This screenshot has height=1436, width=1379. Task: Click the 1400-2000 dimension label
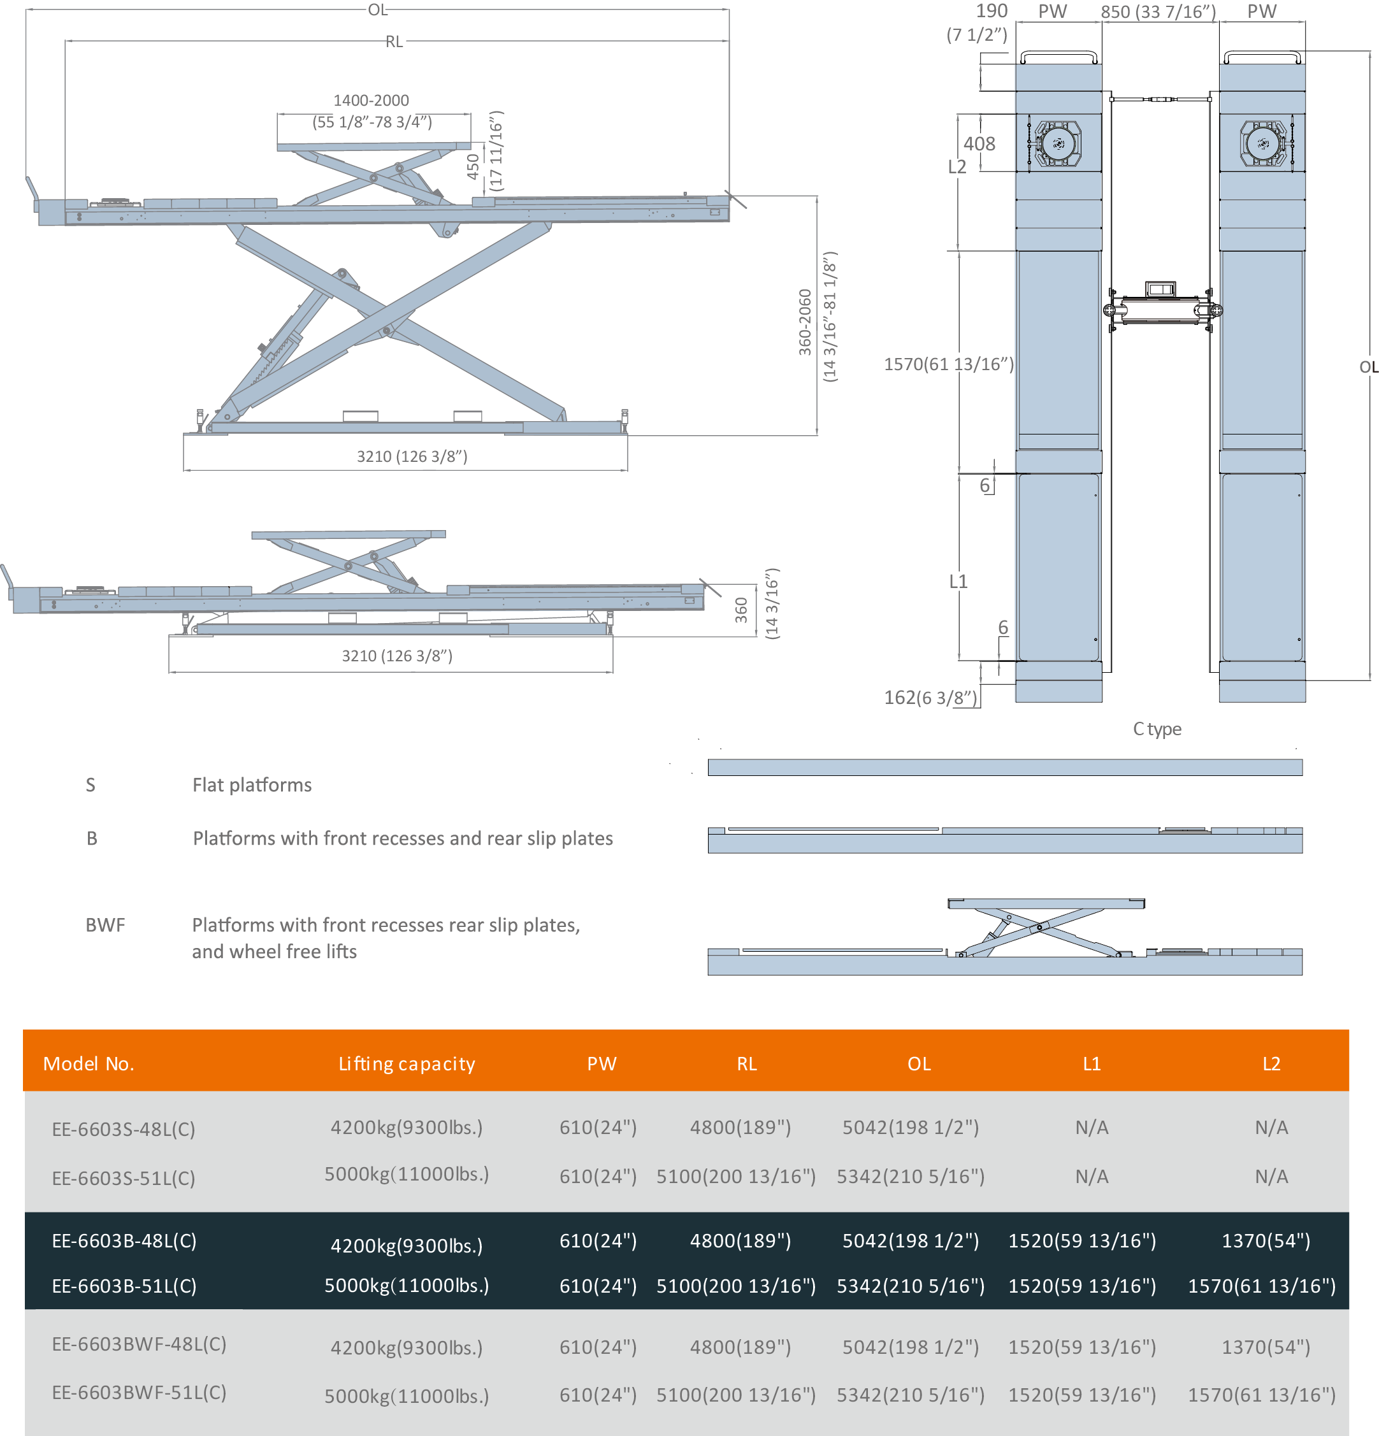point(371,101)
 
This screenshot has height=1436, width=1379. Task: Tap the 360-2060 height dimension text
point(805,322)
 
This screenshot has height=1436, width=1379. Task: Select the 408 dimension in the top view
point(979,143)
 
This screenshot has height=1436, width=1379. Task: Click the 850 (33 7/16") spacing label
point(1158,11)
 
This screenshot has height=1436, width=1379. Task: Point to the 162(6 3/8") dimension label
point(930,698)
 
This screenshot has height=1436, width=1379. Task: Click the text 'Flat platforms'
point(251,786)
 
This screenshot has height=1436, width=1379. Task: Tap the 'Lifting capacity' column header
point(407,1064)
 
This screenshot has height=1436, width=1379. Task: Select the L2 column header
point(1271,1064)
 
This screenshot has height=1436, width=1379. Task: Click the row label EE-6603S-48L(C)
point(123,1129)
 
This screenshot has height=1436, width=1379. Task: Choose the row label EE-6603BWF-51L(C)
point(138,1392)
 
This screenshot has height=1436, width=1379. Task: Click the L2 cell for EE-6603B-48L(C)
point(1266,1240)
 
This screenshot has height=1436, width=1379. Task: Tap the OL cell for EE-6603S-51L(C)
point(910,1176)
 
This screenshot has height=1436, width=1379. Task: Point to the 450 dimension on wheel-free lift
point(473,167)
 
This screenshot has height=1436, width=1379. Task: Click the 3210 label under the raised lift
point(411,456)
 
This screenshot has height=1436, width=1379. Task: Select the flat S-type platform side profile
point(1004,767)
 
